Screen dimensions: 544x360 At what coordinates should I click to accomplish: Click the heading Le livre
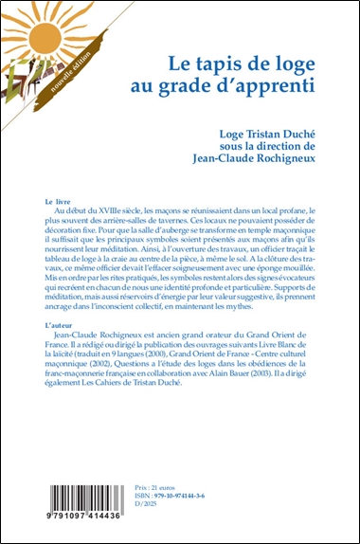59,204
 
